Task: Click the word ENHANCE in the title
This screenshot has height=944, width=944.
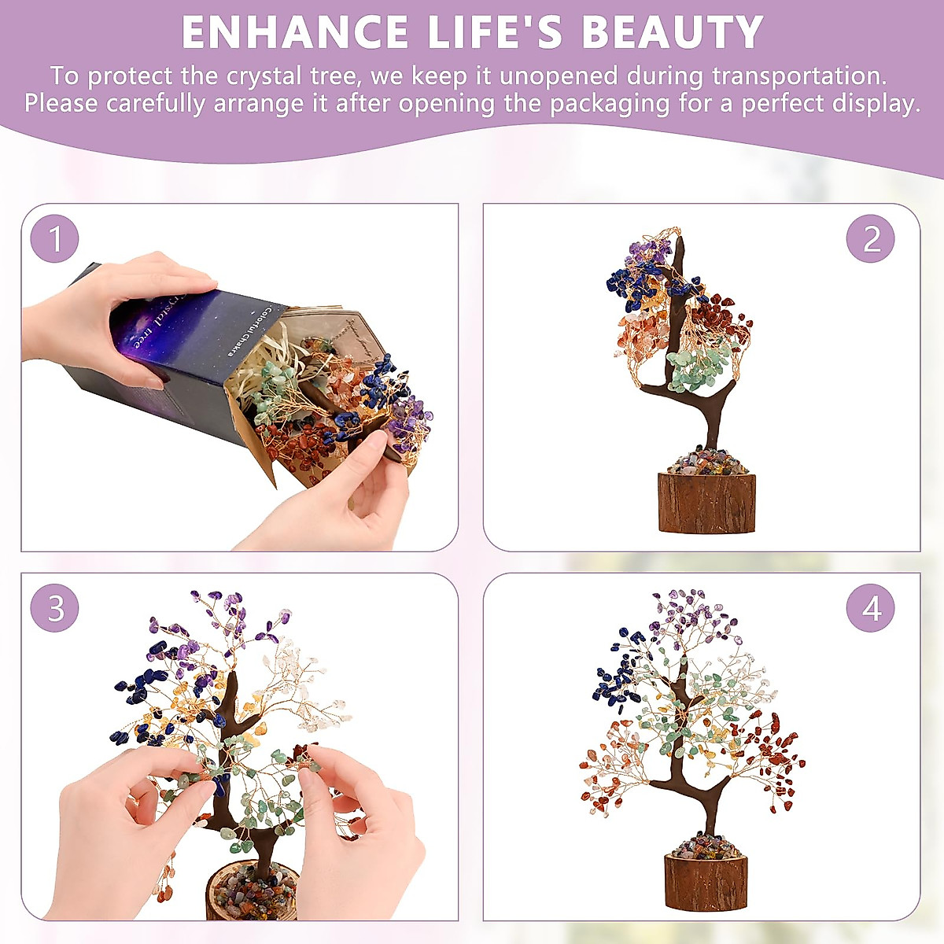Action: coord(294,32)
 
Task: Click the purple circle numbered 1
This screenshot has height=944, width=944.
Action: coord(55,238)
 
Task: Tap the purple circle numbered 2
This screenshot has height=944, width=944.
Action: coord(871,238)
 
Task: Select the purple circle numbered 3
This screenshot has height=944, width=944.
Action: coord(55,607)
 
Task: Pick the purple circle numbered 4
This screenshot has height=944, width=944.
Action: coord(871,607)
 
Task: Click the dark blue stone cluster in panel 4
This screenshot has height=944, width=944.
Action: coord(614,677)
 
